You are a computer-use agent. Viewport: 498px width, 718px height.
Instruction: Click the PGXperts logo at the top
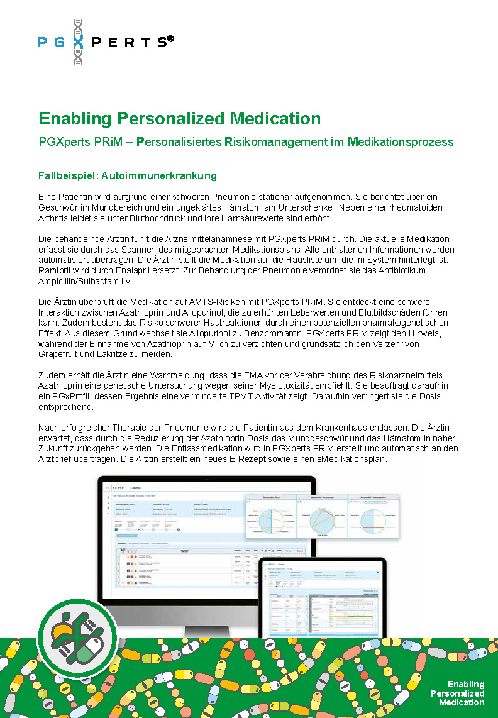(x=105, y=42)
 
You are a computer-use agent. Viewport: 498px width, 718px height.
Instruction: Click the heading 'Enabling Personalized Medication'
(x=179, y=118)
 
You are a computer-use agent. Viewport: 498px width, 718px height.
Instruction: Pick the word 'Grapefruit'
(x=60, y=355)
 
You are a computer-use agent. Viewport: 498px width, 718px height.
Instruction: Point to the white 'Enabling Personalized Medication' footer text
(x=460, y=693)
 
